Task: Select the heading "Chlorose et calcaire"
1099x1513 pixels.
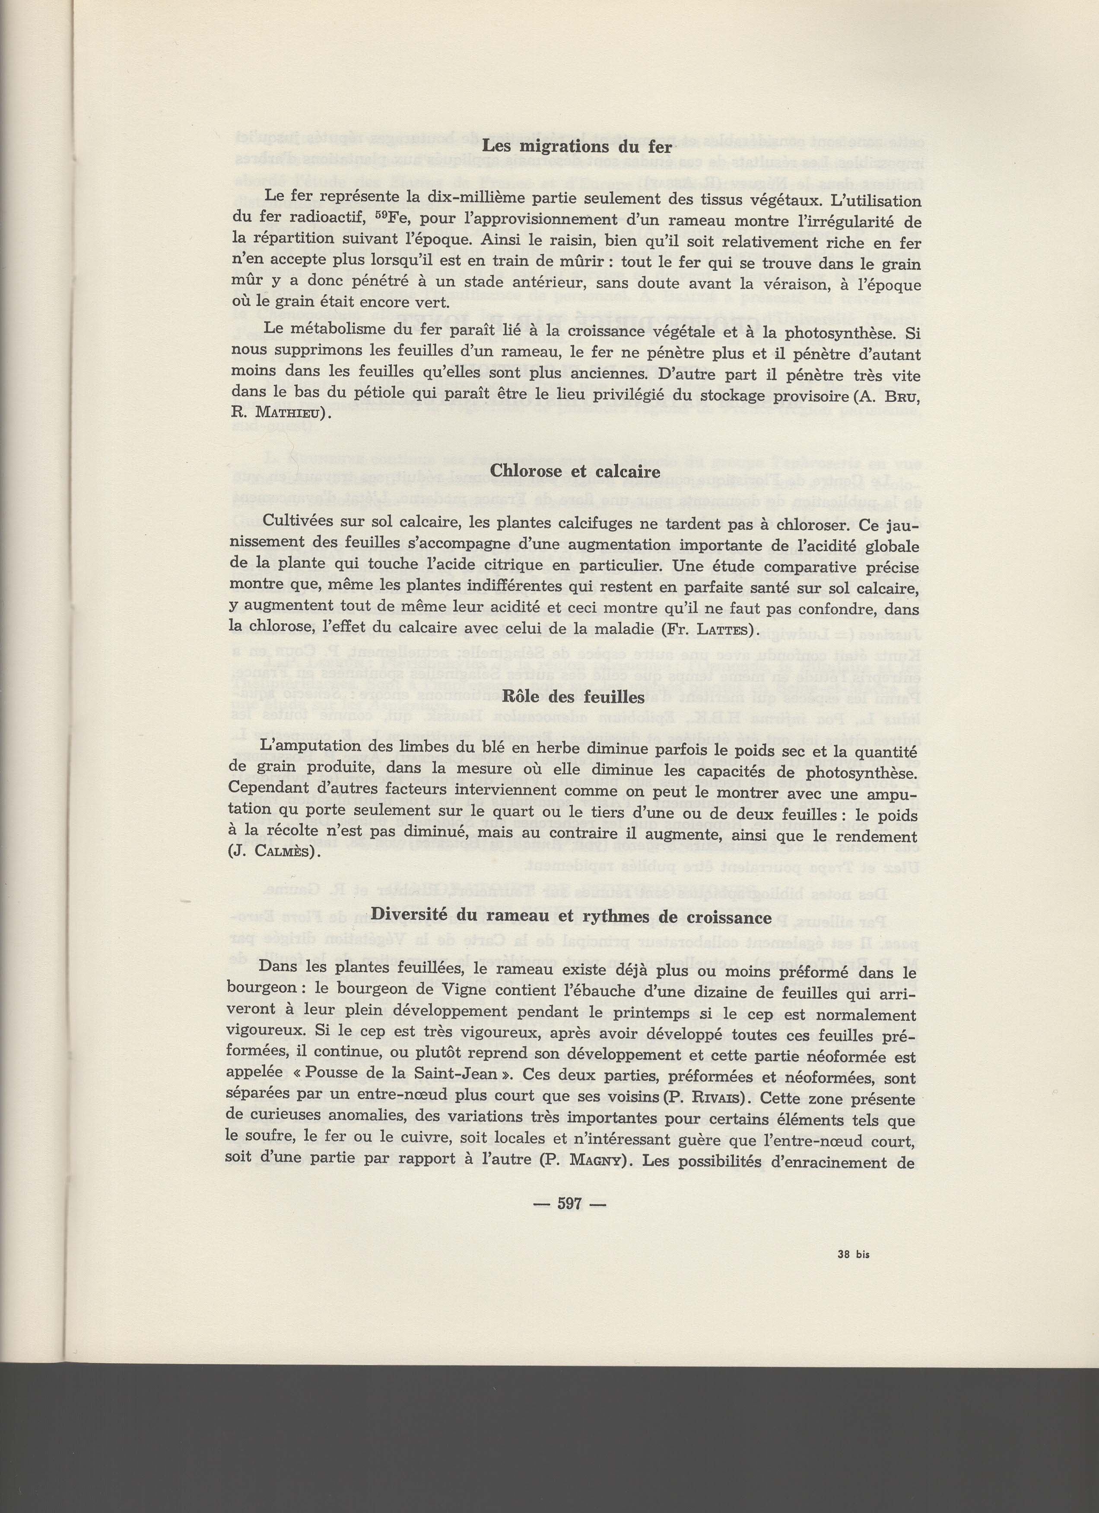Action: [x=575, y=471]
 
